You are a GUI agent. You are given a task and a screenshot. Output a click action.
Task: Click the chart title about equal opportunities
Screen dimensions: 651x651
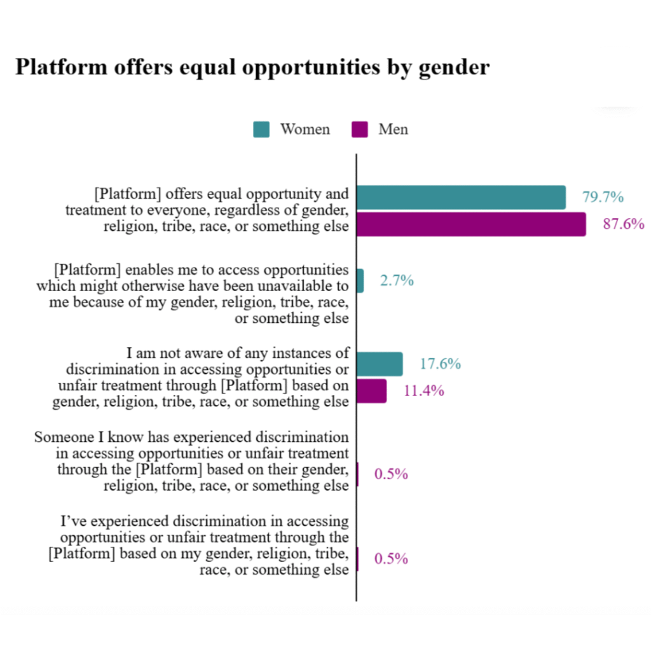[252, 67]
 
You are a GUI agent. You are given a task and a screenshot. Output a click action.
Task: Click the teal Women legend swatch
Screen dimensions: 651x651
[261, 130]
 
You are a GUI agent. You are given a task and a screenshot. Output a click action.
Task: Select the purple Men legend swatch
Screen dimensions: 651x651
[359, 130]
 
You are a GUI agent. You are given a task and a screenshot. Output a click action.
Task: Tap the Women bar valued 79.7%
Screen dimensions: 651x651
[461, 198]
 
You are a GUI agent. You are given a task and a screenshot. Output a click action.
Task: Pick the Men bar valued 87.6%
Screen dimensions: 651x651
[470, 224]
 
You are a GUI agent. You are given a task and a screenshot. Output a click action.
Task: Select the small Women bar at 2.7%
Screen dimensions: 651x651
[360, 280]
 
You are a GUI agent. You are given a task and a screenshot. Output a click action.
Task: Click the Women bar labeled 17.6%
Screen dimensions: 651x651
[379, 364]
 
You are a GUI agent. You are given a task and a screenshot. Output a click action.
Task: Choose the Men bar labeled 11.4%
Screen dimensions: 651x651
[371, 390]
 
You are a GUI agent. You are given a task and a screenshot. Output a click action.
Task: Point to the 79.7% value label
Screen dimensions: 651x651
[603, 198]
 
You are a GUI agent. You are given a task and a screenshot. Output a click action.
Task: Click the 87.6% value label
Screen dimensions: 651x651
[623, 224]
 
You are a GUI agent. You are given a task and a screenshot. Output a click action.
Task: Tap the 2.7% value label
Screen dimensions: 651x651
[397, 280]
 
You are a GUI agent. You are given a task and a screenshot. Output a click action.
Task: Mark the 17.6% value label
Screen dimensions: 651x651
[440, 364]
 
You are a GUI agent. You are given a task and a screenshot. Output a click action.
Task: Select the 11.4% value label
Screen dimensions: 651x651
[423, 390]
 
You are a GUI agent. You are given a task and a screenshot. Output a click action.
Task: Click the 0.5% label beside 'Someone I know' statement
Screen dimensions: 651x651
[390, 474]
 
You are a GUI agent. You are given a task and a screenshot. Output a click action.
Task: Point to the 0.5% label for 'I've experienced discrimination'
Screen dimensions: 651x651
[390, 559]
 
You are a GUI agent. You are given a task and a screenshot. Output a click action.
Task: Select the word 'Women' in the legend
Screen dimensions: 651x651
[305, 130]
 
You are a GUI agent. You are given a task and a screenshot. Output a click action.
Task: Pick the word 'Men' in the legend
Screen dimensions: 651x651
[393, 130]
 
